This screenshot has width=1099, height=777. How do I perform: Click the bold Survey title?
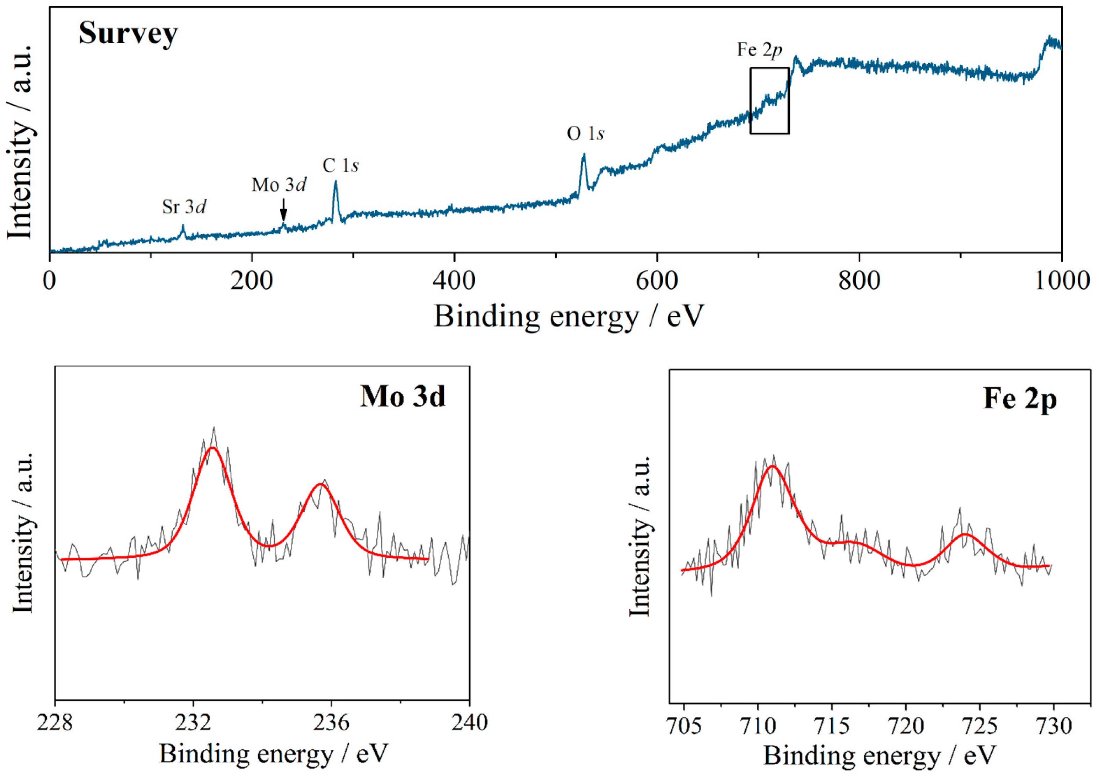click(128, 34)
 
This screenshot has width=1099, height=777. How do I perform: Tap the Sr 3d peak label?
click(184, 207)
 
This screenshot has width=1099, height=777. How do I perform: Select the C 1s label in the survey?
click(340, 166)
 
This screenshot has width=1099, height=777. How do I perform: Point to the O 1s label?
click(585, 133)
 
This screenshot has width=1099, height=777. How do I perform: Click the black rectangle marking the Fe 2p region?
click(769, 101)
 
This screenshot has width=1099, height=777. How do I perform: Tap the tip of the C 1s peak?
click(335, 182)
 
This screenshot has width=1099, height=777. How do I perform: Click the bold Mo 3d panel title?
click(403, 397)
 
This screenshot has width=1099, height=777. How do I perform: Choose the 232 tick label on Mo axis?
click(193, 723)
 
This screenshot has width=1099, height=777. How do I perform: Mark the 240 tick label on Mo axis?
click(469, 723)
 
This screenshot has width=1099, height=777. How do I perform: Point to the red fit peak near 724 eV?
click(965, 534)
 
